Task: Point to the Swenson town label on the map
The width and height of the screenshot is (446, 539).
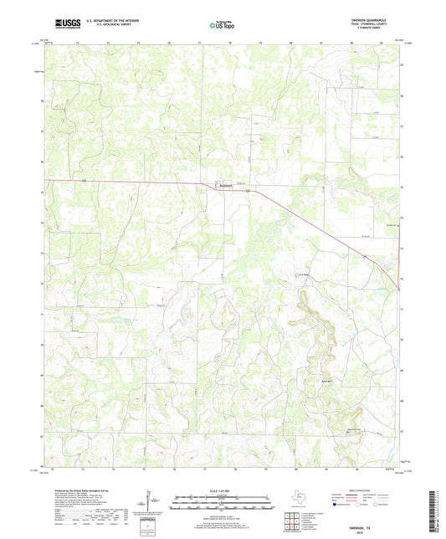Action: point(224,186)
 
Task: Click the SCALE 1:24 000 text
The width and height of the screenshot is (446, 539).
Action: point(223,490)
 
